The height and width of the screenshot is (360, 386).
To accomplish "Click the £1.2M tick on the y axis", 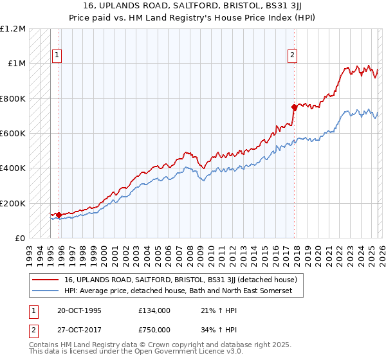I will [13, 29].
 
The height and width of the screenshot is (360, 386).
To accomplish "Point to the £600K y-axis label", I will [13, 134].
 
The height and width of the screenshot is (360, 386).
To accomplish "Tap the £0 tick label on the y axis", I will [19, 239].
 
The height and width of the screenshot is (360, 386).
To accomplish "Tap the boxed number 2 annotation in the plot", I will [292, 55].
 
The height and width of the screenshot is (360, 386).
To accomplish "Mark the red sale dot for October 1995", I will [59, 215].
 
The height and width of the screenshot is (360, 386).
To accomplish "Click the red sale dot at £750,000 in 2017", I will [294, 107].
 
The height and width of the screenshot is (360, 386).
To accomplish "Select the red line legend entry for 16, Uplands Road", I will [180, 280].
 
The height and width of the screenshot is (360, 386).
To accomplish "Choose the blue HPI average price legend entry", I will [178, 291].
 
